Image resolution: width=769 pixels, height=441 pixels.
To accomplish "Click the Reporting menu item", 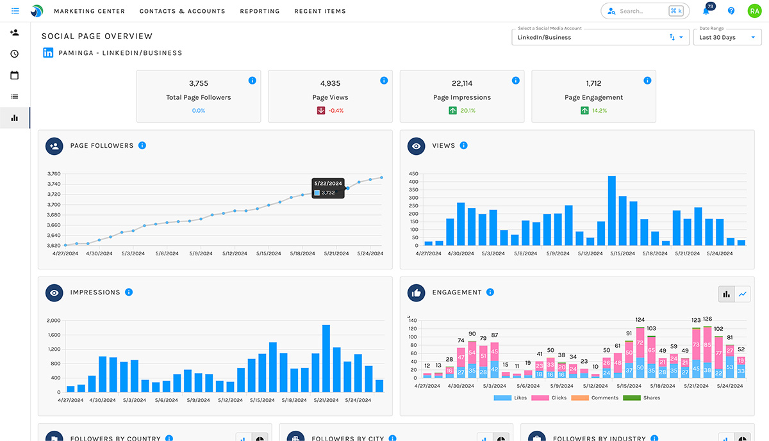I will [260, 11].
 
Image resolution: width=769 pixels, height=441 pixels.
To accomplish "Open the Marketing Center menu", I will [89, 11].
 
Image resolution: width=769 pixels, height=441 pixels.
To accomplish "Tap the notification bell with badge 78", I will [706, 11].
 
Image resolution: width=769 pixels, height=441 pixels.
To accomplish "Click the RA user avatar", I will [754, 11].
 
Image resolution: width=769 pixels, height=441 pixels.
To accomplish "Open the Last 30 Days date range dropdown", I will [727, 37].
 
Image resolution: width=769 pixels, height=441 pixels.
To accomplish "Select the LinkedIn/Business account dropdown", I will [600, 37].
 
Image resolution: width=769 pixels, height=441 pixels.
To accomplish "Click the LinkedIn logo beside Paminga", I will [48, 53].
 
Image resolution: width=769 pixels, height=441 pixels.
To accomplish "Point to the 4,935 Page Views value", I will [331, 83].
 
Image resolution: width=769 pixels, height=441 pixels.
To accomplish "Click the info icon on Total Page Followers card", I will [252, 81].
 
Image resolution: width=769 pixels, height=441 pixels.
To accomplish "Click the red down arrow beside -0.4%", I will [321, 111].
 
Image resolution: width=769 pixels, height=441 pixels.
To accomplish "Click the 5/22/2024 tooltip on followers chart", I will [328, 188].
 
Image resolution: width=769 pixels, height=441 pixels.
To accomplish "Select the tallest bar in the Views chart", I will [611, 211].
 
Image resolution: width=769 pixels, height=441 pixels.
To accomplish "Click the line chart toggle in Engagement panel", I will [743, 294].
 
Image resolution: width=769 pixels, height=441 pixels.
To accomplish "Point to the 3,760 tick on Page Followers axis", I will [54, 173].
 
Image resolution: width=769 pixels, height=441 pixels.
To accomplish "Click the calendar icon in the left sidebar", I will [14, 75].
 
